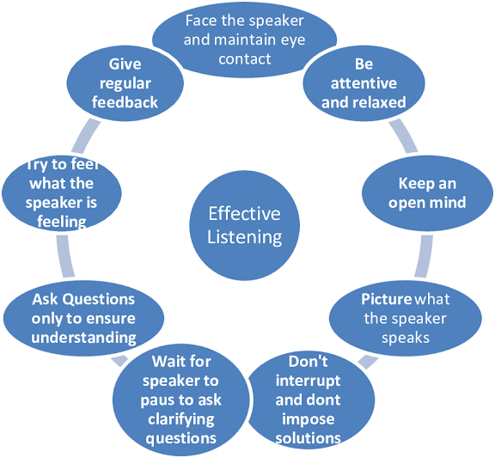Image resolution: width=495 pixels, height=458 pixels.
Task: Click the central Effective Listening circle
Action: [244, 225]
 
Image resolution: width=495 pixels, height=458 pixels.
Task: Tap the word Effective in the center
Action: [244, 214]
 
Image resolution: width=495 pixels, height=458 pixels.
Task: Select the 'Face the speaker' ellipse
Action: [245, 40]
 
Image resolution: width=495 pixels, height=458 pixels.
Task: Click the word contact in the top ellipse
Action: [245, 59]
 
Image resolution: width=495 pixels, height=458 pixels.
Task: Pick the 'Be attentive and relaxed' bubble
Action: [364, 83]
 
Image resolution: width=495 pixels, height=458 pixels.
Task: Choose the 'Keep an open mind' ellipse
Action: [427, 193]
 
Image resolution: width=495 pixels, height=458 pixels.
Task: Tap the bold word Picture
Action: [387, 299]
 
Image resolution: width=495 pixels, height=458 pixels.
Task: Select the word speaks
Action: [406, 338]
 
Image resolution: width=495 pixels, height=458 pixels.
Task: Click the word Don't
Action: [309, 362]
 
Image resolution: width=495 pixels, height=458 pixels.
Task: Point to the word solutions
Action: [309, 438]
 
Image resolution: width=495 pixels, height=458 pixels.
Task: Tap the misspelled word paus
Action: [156, 400]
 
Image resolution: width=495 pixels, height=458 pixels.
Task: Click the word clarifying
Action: [181, 420]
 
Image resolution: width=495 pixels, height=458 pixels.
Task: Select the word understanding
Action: [83, 338]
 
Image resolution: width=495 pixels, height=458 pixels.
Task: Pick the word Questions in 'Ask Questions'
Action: [99, 299]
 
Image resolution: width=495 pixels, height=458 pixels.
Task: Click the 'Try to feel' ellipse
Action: [62, 193]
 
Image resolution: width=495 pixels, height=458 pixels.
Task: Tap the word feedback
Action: [125, 102]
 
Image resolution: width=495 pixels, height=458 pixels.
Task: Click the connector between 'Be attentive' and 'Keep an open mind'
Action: [404, 137]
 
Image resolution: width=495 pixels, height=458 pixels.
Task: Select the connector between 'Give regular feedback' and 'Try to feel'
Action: [85, 137]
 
